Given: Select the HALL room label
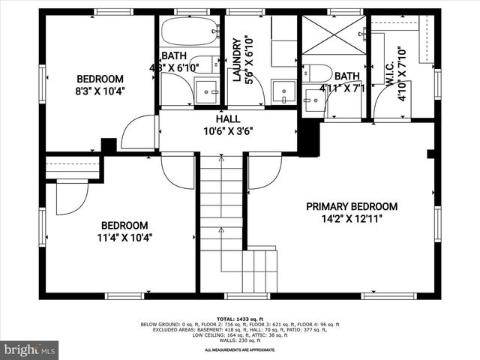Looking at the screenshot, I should coord(228,119).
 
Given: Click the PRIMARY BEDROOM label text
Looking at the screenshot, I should coord(351,207).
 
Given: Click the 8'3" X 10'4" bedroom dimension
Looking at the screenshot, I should coord(100,91).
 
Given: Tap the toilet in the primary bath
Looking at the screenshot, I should coord(319,73).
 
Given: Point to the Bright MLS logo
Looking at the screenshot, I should coord(30,349).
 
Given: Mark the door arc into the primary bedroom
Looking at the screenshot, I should coord(263,171).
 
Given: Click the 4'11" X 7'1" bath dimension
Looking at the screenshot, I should coord(342,88).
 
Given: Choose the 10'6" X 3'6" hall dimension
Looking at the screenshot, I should coord(228,130).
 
